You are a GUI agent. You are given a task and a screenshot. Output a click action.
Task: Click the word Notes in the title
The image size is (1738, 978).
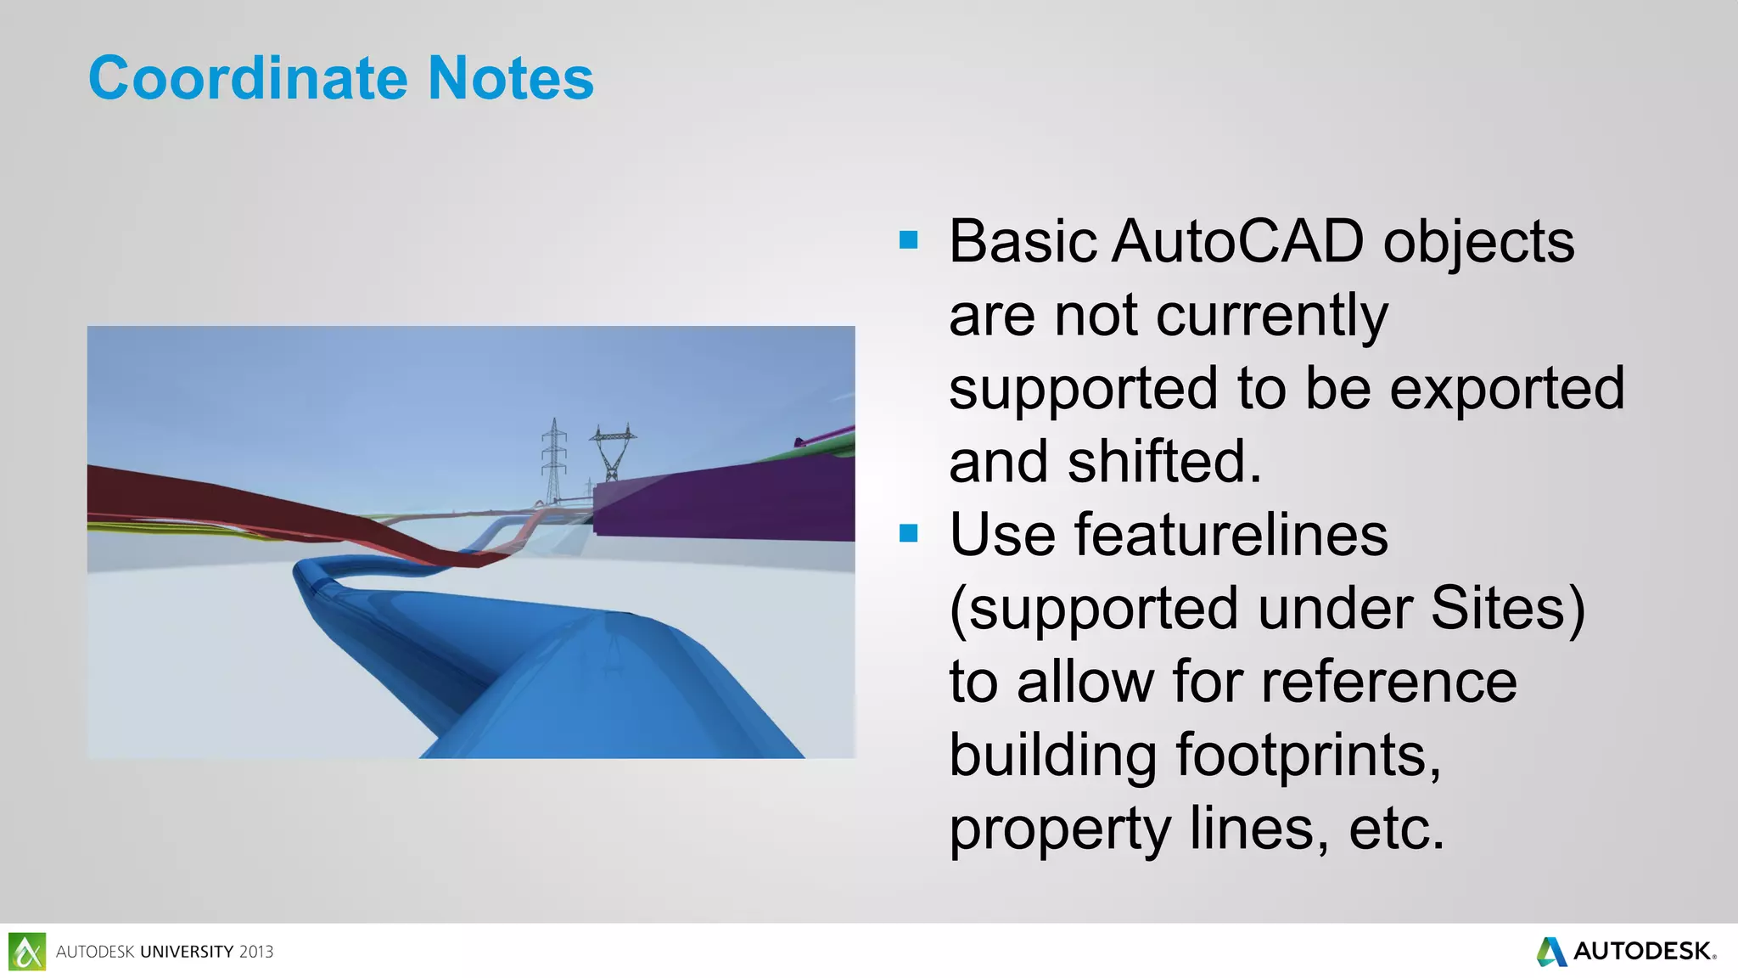pos(510,78)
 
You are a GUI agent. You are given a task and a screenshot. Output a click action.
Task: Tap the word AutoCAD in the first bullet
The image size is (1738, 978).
pos(1237,242)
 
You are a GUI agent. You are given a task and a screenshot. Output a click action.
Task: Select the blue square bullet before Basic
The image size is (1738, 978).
pos(908,240)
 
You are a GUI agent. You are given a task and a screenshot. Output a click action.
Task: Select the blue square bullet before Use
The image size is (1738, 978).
pos(908,533)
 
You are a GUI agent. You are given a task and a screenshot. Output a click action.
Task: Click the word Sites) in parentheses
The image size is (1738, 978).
pos(1508,609)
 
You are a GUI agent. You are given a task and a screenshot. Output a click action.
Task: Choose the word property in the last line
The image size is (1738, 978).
pos(1060,829)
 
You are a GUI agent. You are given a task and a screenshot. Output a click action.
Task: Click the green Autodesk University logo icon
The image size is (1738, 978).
pos(26,951)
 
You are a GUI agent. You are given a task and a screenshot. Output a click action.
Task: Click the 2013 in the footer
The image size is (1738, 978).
pos(255,952)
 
